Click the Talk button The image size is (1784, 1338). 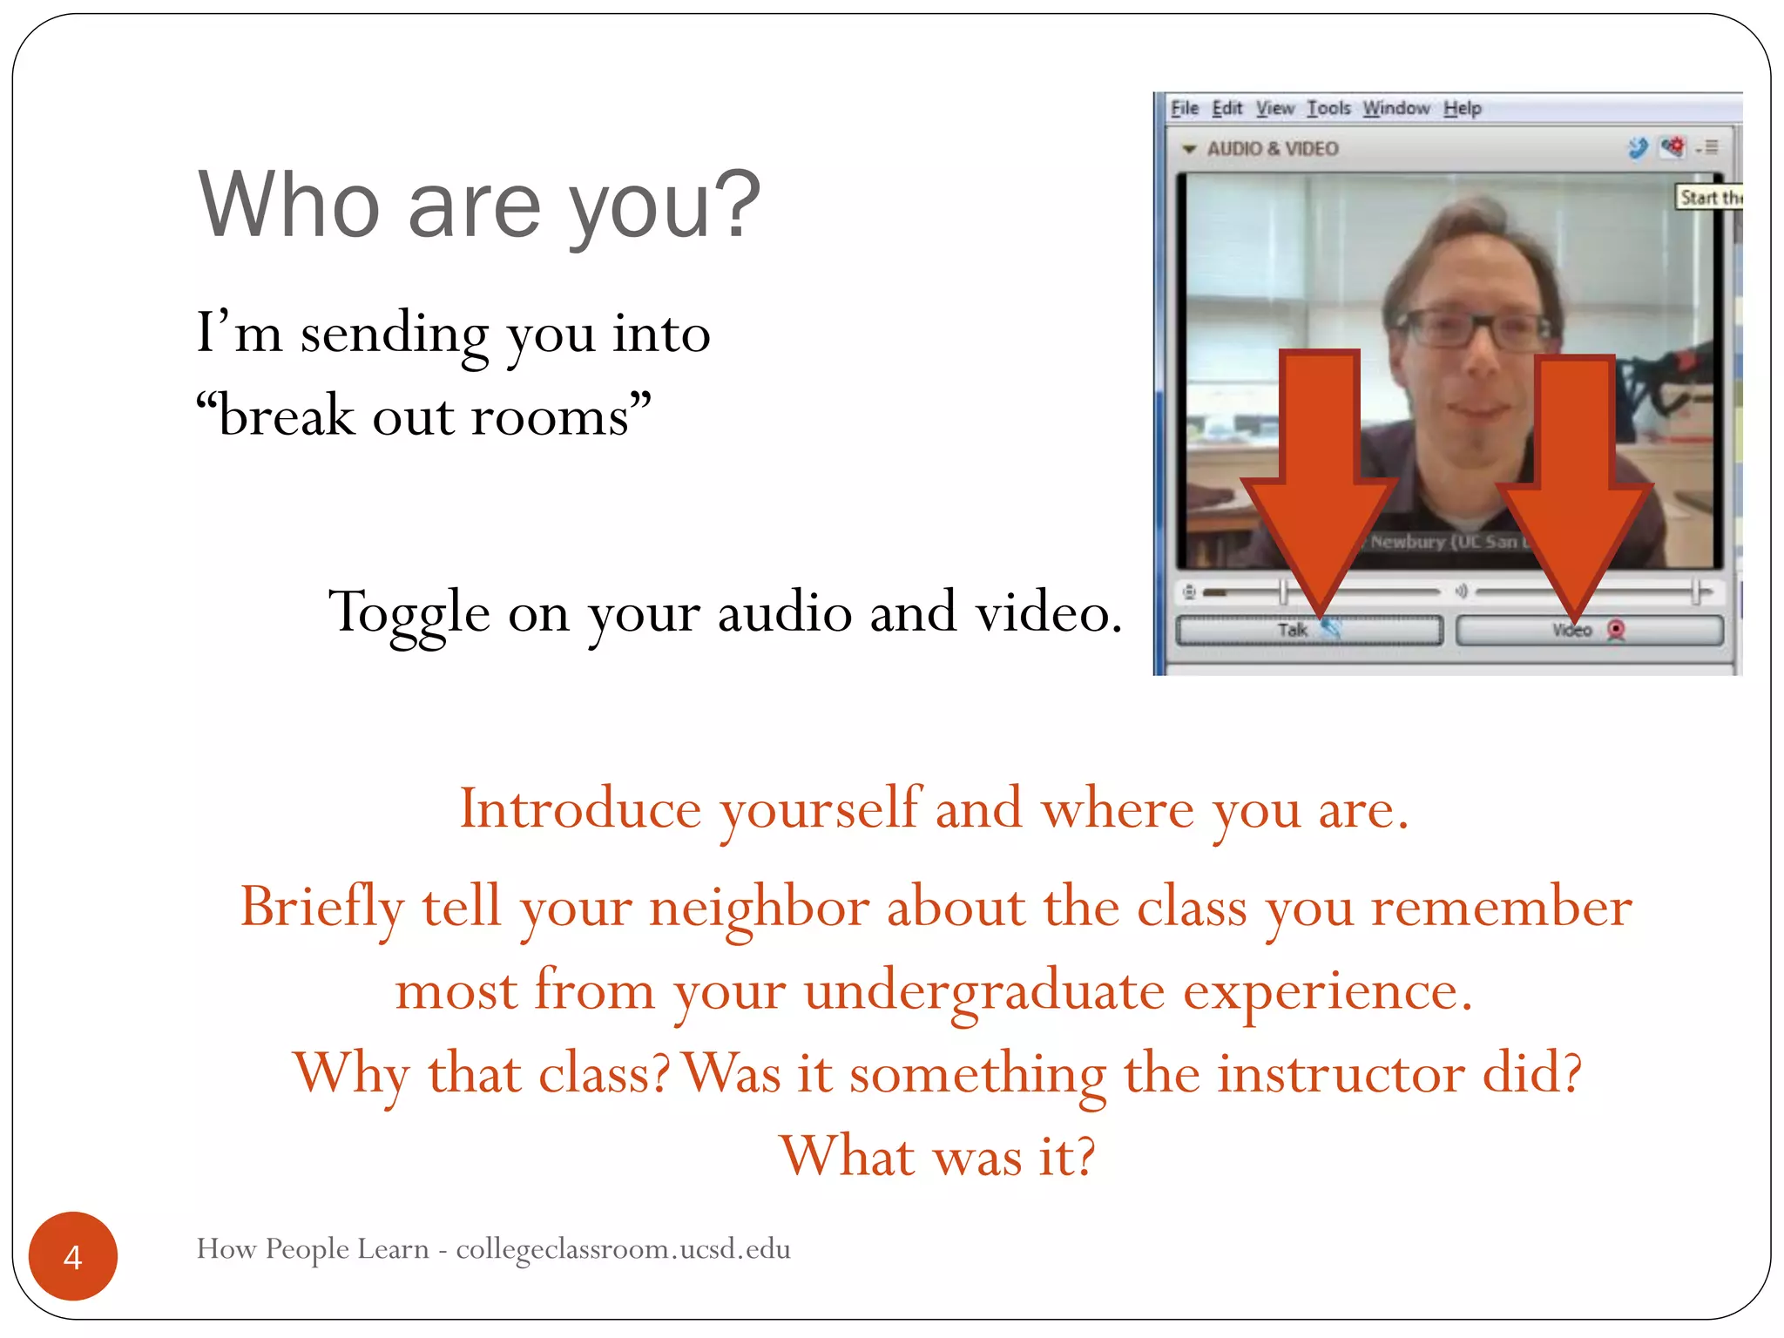click(x=1307, y=630)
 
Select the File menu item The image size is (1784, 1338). click(x=1184, y=108)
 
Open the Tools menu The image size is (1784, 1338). click(x=1328, y=108)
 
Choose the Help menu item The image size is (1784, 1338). click(x=1462, y=108)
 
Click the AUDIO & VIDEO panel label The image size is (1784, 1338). click(x=1272, y=149)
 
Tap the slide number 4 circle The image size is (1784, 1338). click(x=73, y=1256)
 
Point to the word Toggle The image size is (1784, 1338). click(x=409, y=612)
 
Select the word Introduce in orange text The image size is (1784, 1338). click(x=580, y=809)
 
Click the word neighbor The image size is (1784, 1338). click(x=759, y=908)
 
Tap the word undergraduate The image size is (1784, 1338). click(x=984, y=991)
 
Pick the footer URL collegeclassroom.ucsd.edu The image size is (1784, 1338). click(x=623, y=1249)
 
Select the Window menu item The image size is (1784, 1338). click(x=1395, y=108)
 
